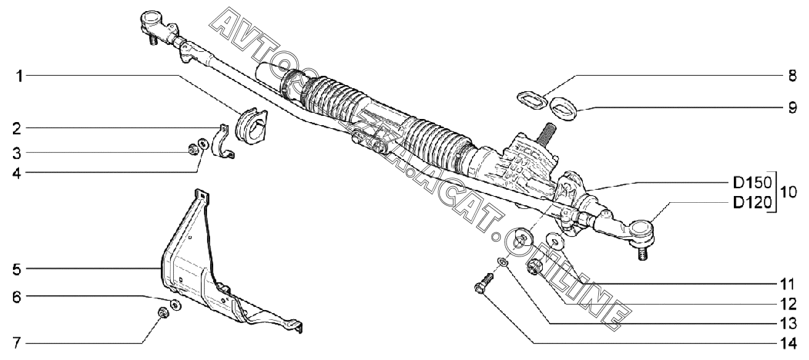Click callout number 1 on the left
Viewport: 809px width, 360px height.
[x=20, y=76]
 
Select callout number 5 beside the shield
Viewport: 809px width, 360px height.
[x=17, y=269]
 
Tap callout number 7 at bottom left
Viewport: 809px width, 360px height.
[x=16, y=343]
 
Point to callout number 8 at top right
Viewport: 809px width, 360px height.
[x=792, y=76]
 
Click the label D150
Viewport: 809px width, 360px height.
[x=752, y=183]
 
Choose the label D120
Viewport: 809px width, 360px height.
[x=752, y=203]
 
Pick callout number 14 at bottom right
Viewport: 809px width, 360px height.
[x=787, y=343]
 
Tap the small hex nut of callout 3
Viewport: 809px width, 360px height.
[x=192, y=149]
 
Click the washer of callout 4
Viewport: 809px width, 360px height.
[x=203, y=143]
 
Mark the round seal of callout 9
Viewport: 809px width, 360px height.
[x=563, y=108]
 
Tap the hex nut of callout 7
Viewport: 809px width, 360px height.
[x=163, y=313]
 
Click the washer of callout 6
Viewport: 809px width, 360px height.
[x=176, y=305]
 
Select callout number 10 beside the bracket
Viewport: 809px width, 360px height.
[x=787, y=193]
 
